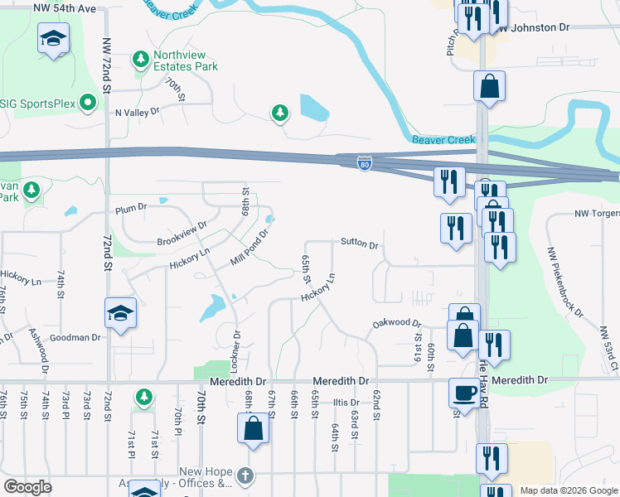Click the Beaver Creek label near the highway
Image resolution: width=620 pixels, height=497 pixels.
tap(443, 140)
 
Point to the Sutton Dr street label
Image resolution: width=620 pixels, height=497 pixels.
tap(359, 244)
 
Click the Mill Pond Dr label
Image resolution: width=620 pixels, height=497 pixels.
tap(250, 247)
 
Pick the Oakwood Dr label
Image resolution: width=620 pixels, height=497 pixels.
tap(397, 324)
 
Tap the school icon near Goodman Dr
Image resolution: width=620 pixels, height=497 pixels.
tap(120, 313)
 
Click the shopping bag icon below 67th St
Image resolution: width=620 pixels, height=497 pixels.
tap(254, 428)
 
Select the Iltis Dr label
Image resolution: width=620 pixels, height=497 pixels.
tap(345, 403)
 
